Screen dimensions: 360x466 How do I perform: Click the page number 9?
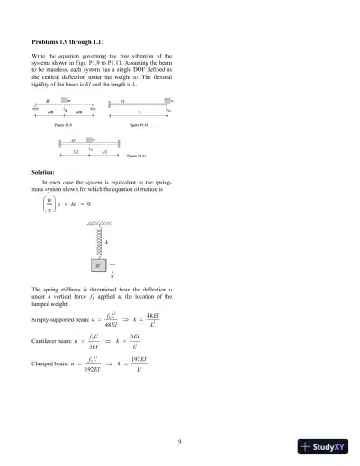click(180, 416)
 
